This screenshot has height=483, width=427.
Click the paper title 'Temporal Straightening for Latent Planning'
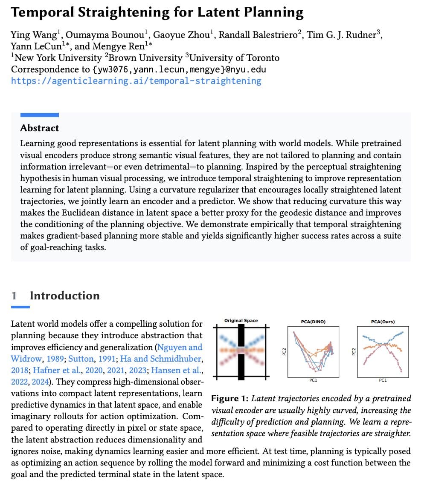(x=157, y=12)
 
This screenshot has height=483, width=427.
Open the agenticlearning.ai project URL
(x=136, y=80)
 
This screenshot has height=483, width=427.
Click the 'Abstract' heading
(x=40, y=128)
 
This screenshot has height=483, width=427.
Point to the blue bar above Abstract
(x=40, y=115)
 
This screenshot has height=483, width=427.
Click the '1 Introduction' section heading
(x=55, y=296)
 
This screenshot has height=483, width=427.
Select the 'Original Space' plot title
(x=241, y=320)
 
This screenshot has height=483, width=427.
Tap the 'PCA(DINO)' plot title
(x=313, y=322)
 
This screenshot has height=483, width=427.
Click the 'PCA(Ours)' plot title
(x=383, y=322)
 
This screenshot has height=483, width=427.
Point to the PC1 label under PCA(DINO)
(x=313, y=379)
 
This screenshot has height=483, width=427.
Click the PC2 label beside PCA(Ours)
(x=353, y=351)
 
